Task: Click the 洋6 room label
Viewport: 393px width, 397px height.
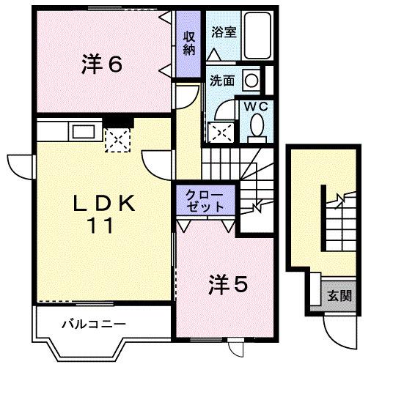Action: point(101,64)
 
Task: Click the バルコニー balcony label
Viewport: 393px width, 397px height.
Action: point(93,323)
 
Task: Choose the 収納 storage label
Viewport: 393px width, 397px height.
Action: point(190,43)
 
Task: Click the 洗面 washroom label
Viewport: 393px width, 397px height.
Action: point(222,81)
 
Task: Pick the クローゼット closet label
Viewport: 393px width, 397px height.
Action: point(206,199)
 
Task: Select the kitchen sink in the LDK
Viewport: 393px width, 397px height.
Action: point(81,132)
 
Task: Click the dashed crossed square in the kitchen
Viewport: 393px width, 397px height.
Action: point(116,138)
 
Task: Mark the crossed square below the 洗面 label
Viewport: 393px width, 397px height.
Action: point(220,130)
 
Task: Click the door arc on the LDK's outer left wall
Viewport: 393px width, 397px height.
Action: point(21,166)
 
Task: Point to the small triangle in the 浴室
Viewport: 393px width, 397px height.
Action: point(213,55)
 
